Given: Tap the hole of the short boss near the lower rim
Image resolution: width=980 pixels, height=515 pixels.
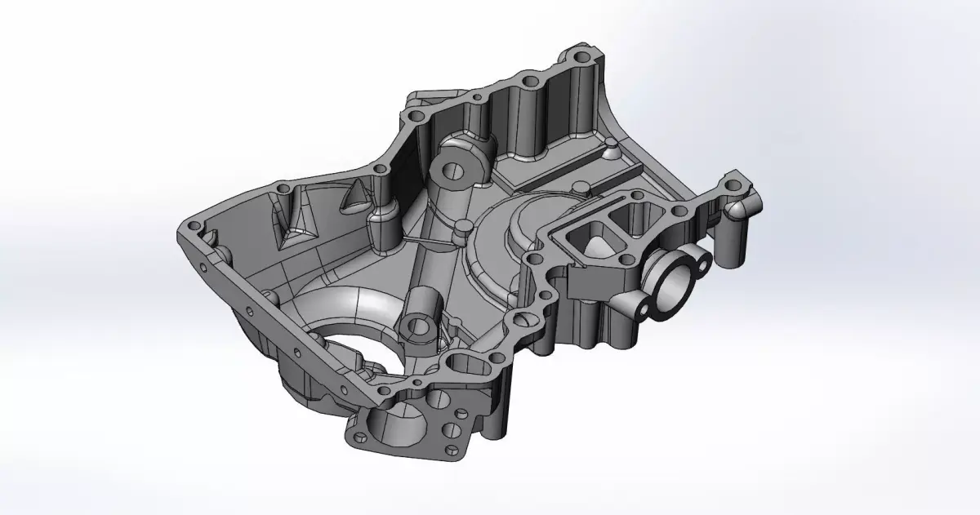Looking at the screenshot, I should point(418,327).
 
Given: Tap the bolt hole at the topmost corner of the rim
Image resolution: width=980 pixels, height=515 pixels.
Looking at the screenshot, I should point(581,59).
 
